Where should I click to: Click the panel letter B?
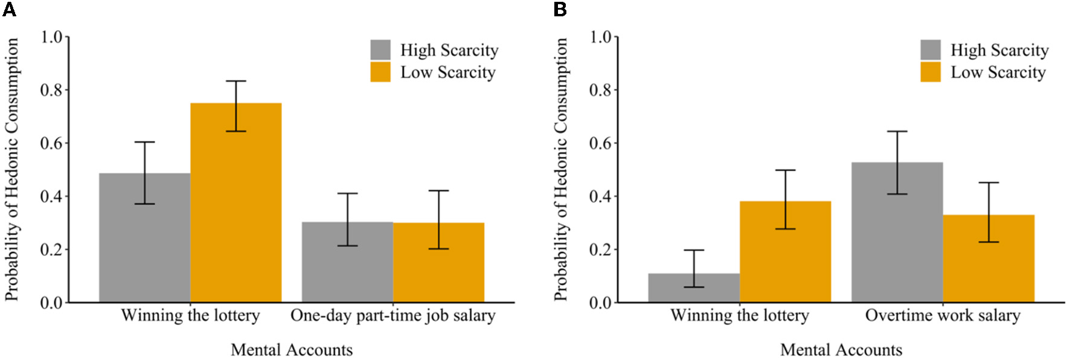[560, 9]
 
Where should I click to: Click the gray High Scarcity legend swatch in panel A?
[380, 50]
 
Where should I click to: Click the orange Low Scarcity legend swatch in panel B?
[931, 72]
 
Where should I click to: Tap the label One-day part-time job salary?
[393, 315]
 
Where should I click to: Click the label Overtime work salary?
[943, 315]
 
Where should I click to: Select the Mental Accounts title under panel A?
[292, 350]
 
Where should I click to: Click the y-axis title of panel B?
[561, 169]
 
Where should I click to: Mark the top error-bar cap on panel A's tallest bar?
[236, 81]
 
